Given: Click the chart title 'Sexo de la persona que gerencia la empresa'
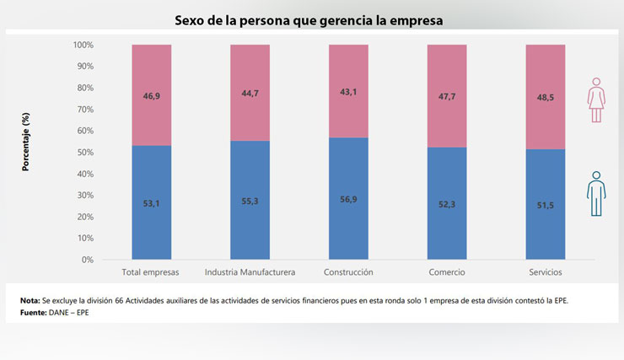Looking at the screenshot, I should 309,19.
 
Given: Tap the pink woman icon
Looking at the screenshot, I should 596,100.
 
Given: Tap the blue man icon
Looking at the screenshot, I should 596,193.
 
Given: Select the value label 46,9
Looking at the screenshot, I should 151,97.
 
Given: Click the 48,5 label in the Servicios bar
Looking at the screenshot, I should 545,97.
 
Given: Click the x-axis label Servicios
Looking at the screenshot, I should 545,272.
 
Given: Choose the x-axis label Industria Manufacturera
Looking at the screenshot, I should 250,272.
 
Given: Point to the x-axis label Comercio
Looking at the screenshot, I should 447,272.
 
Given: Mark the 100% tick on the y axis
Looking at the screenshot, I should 83,45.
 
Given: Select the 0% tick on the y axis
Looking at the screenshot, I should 87,260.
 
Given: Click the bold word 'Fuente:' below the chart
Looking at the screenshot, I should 35,313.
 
